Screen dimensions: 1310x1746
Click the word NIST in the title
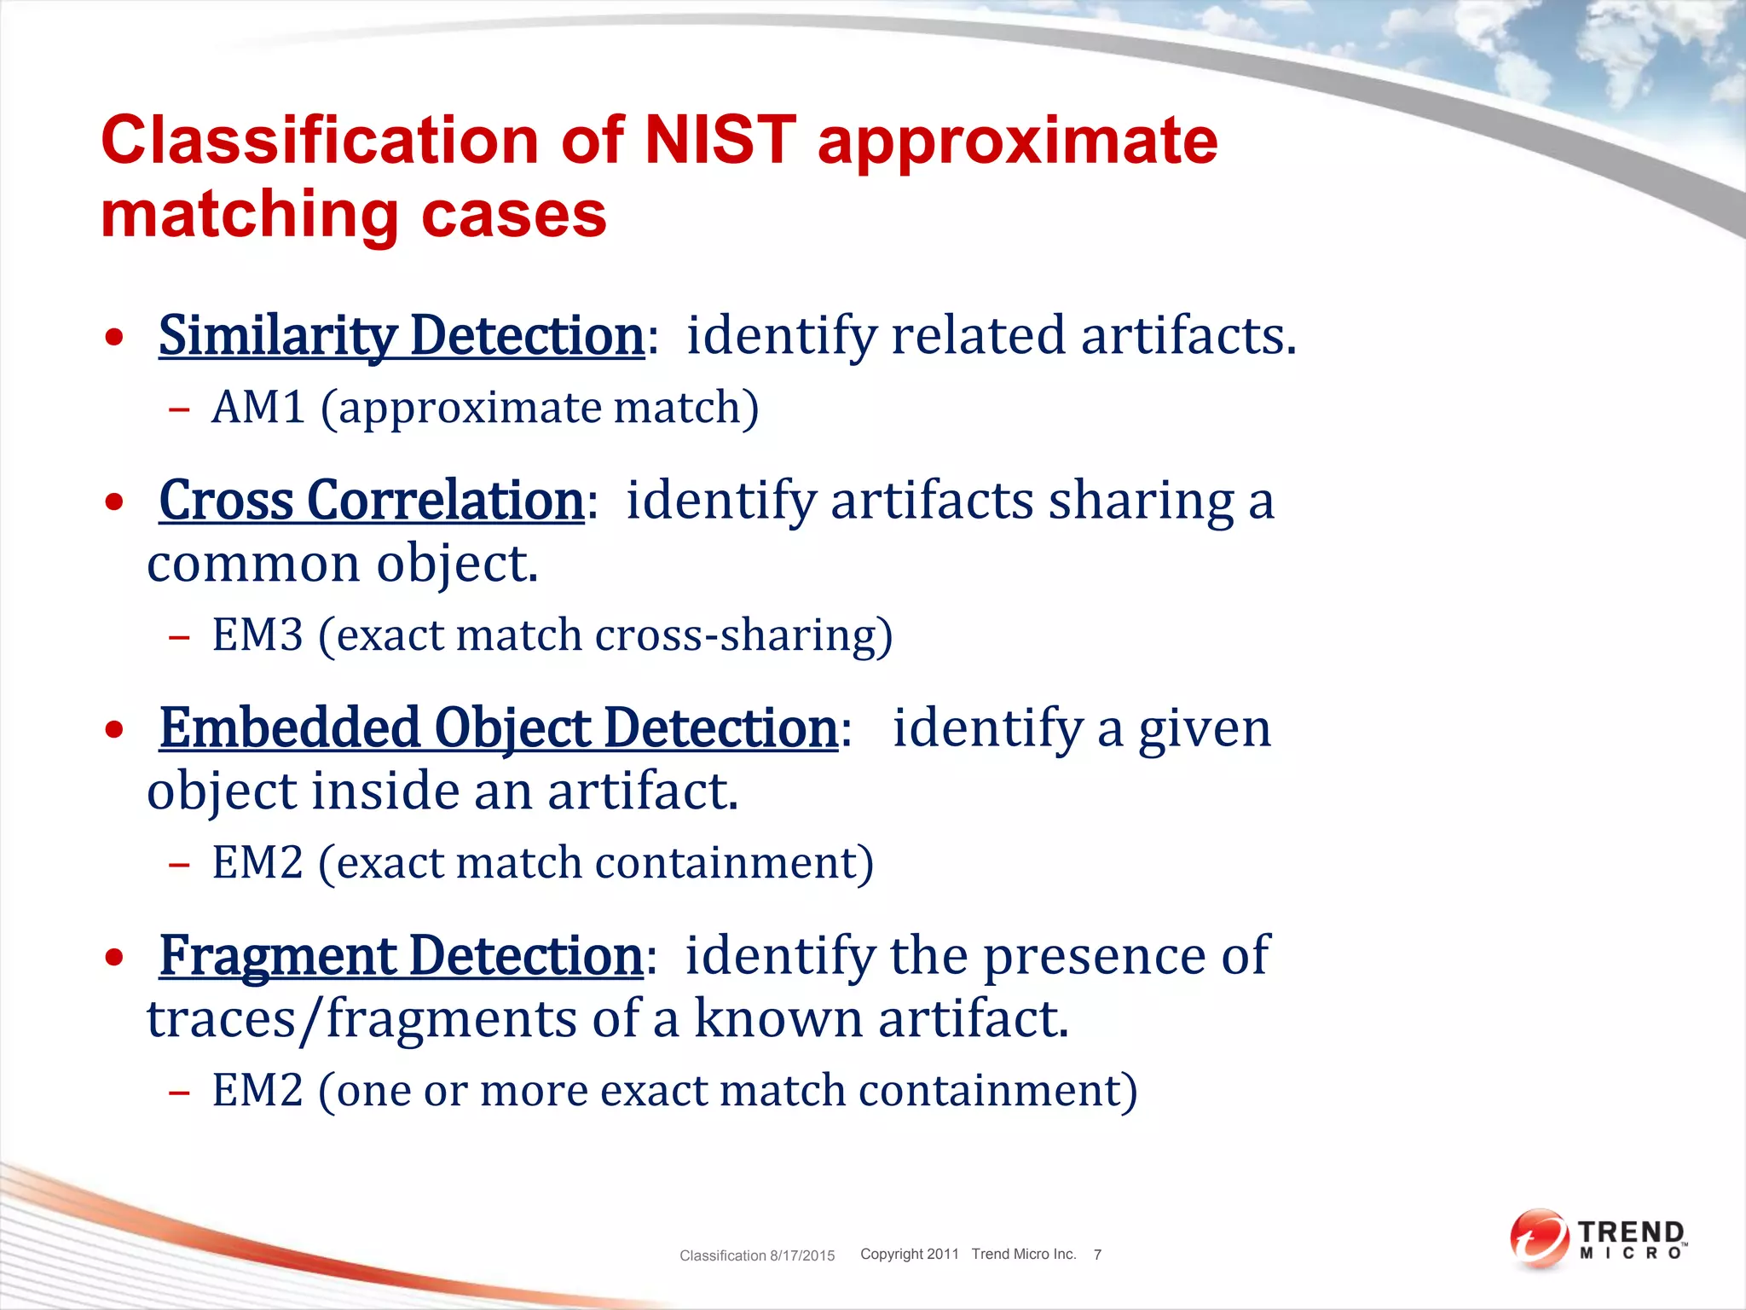click(720, 141)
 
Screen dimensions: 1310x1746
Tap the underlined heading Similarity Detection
click(401, 335)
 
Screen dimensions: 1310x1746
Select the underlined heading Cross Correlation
click(371, 500)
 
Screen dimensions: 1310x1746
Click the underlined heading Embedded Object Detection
click(499, 728)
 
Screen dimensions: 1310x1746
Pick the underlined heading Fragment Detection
click(401, 955)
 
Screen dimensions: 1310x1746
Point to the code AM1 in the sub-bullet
click(258, 408)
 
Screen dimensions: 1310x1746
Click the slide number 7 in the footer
click(1097, 1255)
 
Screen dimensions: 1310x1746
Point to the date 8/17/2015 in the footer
click(802, 1255)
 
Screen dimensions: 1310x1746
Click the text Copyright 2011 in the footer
click(909, 1254)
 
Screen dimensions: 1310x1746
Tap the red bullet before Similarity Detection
click(114, 338)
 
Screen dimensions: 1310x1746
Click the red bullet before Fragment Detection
click(114, 958)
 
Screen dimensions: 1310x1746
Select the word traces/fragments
click(361, 1019)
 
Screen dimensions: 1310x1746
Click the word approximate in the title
click(1017, 141)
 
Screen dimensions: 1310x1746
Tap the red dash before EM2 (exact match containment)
click(179, 865)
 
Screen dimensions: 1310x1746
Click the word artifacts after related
click(1188, 335)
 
